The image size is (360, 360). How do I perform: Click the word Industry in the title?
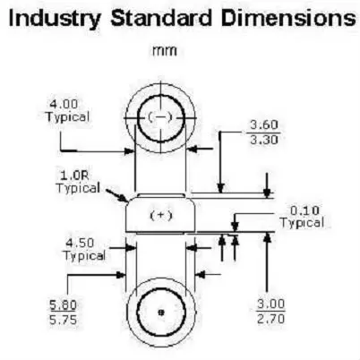(55, 19)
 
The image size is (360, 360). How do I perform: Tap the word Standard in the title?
(161, 18)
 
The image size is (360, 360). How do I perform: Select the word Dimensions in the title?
(288, 18)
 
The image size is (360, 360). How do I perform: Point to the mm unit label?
(165, 51)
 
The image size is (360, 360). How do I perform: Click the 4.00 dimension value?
(64, 105)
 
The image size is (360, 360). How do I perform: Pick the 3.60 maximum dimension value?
(264, 124)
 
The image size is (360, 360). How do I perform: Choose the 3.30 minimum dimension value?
(264, 140)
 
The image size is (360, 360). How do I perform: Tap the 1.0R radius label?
(74, 176)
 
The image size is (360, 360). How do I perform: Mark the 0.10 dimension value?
(304, 210)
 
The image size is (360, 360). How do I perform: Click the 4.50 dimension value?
(80, 243)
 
